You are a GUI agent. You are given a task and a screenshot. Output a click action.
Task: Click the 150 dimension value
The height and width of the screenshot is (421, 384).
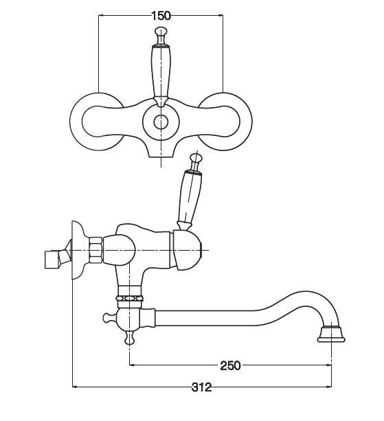(161, 16)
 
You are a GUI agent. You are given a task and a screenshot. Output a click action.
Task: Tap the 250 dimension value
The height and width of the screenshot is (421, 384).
(230, 365)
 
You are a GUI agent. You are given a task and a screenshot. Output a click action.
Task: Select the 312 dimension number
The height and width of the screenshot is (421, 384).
(201, 387)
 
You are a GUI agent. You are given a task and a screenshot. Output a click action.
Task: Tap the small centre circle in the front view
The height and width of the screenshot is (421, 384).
(161, 122)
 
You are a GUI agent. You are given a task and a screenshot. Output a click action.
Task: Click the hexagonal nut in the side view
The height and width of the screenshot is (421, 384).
(95, 250)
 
